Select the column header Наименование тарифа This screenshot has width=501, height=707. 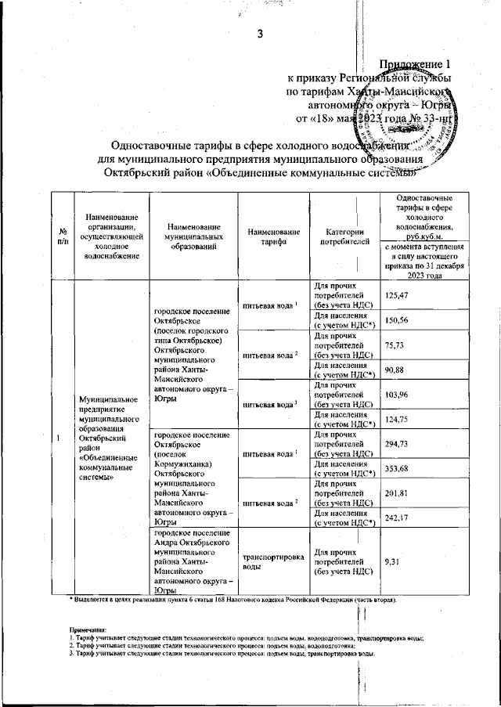click(x=273, y=237)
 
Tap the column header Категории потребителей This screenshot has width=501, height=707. click(x=344, y=237)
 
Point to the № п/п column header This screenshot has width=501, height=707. click(x=61, y=237)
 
